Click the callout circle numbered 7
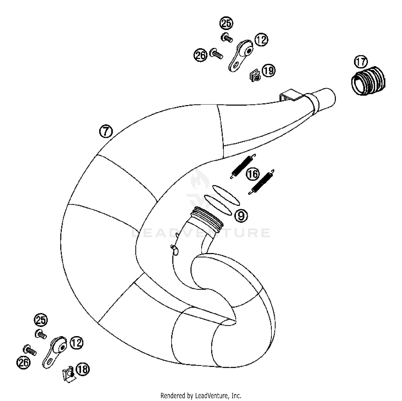[106, 132]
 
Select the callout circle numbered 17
[361, 62]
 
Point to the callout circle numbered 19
[268, 71]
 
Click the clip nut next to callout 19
[255, 76]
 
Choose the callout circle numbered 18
[83, 370]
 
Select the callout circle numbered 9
[241, 216]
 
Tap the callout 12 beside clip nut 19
[261, 40]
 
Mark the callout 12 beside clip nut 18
[77, 343]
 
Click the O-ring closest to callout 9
[218, 205]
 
